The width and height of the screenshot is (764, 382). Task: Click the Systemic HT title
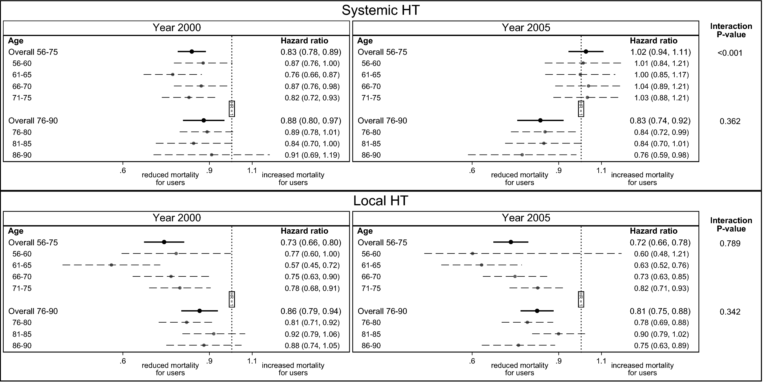tap(381, 10)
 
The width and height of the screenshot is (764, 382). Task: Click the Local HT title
tap(381, 201)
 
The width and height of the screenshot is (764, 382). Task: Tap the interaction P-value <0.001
tap(730, 53)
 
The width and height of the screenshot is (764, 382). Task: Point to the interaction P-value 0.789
tap(730, 243)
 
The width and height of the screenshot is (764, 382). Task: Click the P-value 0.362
tap(730, 121)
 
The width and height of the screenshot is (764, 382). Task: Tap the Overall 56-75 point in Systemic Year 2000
tap(192, 51)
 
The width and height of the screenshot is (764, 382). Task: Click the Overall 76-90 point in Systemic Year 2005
tap(540, 120)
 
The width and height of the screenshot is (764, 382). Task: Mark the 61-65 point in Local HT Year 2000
tap(111, 265)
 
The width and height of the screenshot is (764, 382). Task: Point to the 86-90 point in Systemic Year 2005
tap(522, 155)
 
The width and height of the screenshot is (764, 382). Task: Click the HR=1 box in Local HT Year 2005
tap(581, 299)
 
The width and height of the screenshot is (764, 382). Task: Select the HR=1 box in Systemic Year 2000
tap(232, 109)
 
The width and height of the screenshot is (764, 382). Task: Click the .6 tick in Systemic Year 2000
tap(123, 171)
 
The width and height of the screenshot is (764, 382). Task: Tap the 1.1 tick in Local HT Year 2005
tap(601, 361)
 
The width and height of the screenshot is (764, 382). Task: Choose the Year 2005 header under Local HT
tap(526, 218)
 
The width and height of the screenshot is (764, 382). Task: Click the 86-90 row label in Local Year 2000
tap(22, 345)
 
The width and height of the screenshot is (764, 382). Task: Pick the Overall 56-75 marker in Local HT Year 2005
tap(511, 242)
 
